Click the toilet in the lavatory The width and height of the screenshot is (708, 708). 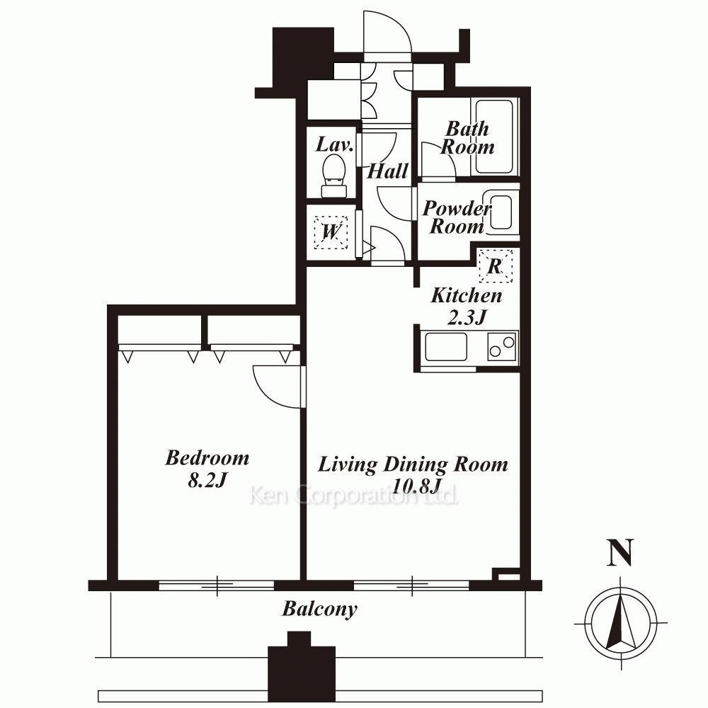point(335,176)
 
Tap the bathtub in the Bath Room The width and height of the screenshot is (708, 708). point(494,137)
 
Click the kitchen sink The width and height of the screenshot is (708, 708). point(445,347)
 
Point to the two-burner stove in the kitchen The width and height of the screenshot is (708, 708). point(502,347)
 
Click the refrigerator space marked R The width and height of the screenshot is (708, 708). point(496,266)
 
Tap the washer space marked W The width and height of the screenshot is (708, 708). point(331,232)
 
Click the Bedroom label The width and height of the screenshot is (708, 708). point(207,458)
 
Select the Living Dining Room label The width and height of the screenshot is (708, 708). point(413,465)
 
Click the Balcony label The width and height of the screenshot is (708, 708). point(320,609)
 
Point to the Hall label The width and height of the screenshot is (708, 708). point(387,171)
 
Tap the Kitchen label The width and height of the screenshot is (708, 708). point(467,296)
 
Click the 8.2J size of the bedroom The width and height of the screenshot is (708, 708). point(206,481)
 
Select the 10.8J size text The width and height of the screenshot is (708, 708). point(416,487)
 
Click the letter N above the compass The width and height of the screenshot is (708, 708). point(620,552)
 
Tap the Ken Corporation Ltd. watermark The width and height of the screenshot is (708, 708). point(353,495)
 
